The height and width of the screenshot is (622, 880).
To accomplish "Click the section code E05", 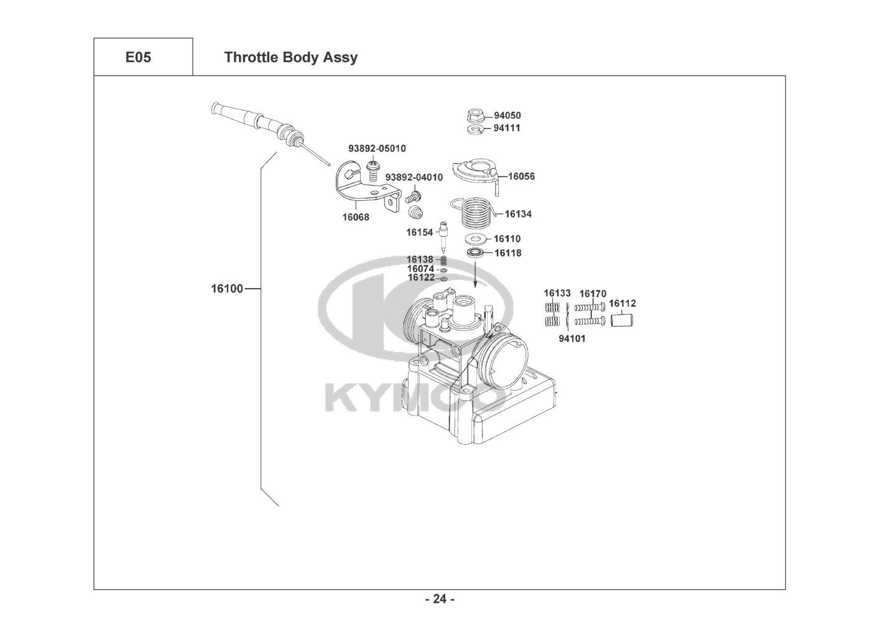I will pyautogui.click(x=137, y=57).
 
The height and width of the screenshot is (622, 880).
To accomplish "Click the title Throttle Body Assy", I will pyautogui.click(x=290, y=57).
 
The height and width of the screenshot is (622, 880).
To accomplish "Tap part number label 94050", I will pyautogui.click(x=507, y=116).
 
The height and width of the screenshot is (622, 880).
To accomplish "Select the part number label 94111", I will pyautogui.click(x=507, y=128).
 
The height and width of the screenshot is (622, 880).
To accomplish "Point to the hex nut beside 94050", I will pyautogui.click(x=475, y=115).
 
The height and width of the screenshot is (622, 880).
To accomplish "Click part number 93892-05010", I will pyautogui.click(x=377, y=149).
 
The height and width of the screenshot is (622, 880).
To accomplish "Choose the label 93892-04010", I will pyautogui.click(x=414, y=177).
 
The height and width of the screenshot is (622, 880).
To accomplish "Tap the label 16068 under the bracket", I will pyautogui.click(x=355, y=218).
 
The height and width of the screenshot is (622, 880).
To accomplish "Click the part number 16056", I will pyautogui.click(x=521, y=176).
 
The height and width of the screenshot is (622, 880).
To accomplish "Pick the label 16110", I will pyautogui.click(x=507, y=239).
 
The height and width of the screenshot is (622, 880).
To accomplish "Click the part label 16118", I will pyautogui.click(x=508, y=253).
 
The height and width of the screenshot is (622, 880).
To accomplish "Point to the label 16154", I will pyautogui.click(x=420, y=232).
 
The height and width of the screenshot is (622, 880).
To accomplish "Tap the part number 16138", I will pyautogui.click(x=420, y=259).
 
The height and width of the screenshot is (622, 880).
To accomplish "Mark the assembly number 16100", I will pyautogui.click(x=227, y=289).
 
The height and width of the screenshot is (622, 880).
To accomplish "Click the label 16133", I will pyautogui.click(x=557, y=293).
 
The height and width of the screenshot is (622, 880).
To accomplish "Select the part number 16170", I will pyautogui.click(x=593, y=294).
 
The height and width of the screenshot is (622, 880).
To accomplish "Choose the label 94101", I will pyautogui.click(x=572, y=339).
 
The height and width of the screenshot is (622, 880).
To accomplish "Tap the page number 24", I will pyautogui.click(x=440, y=599).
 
